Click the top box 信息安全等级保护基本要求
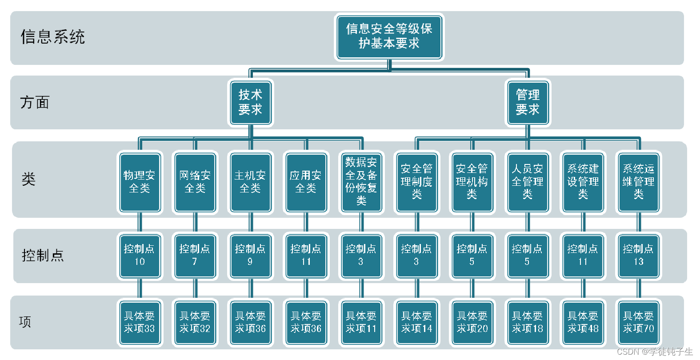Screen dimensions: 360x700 click(389, 37)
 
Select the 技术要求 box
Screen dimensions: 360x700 click(250, 103)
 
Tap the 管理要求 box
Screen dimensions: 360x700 click(528, 103)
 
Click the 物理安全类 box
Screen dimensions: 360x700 click(140, 182)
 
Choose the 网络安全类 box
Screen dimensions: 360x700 click(195, 182)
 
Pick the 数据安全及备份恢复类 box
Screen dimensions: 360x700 click(361, 182)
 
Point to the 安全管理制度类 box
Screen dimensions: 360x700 click(416, 182)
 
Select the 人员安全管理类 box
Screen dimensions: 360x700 click(528, 182)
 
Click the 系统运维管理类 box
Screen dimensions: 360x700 click(638, 182)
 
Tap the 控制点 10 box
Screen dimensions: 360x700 click(140, 256)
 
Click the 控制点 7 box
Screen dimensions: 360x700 click(195, 256)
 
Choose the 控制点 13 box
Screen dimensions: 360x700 click(638, 256)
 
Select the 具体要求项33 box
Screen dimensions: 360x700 click(140, 323)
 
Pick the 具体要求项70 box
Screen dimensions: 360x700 click(638, 323)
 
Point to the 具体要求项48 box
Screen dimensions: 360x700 click(583, 323)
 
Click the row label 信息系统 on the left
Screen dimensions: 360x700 click(52, 37)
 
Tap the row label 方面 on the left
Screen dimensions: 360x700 click(35, 103)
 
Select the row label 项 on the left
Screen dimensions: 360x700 click(25, 322)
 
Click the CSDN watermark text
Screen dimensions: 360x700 click(654, 352)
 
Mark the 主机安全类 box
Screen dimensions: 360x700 click(250, 182)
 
